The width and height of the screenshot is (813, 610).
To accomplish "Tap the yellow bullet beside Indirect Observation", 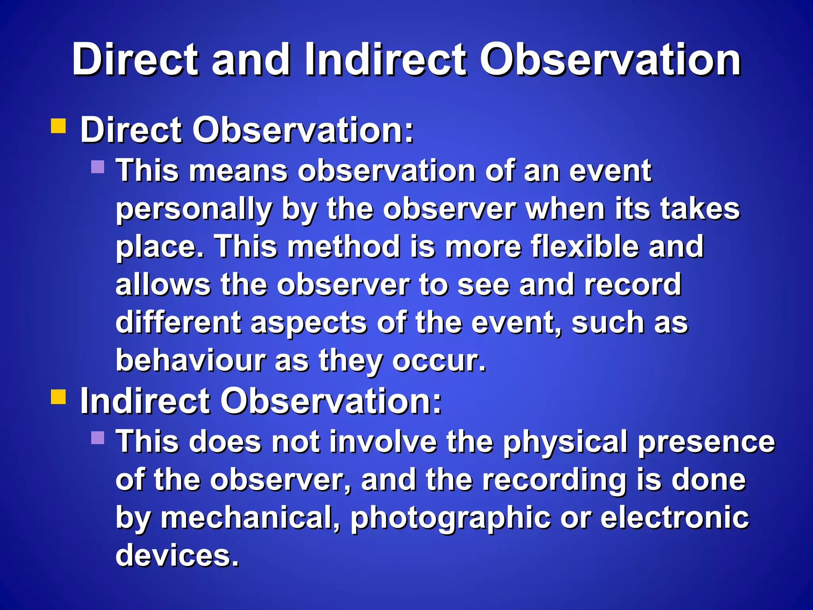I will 58,396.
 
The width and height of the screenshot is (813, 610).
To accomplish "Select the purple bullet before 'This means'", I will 98,166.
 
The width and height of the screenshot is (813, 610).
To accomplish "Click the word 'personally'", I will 194,209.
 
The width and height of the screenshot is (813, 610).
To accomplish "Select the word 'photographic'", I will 451,518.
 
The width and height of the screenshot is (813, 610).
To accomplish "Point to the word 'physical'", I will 565,442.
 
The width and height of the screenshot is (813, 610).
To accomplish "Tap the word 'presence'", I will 706,442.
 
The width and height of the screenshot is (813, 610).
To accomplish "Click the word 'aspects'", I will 308,323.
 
